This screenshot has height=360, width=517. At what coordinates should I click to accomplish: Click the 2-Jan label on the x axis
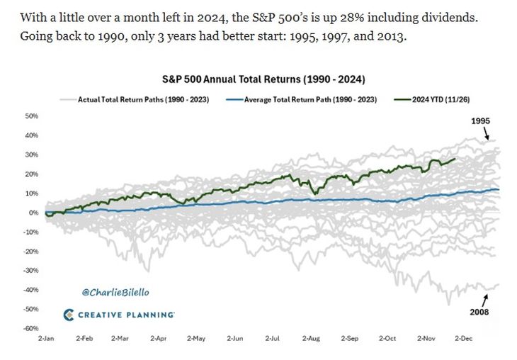click(x=46, y=339)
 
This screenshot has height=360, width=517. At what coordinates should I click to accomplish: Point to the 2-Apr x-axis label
click(x=159, y=339)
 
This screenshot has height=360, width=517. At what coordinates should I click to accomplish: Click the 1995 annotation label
click(x=480, y=121)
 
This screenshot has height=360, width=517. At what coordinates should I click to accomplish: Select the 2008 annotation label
click(x=480, y=311)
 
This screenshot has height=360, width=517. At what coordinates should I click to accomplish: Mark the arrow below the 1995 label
click(x=484, y=133)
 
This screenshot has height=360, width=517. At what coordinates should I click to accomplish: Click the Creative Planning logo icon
click(x=69, y=315)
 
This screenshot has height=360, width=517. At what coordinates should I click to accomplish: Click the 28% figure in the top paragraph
click(x=337, y=15)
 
